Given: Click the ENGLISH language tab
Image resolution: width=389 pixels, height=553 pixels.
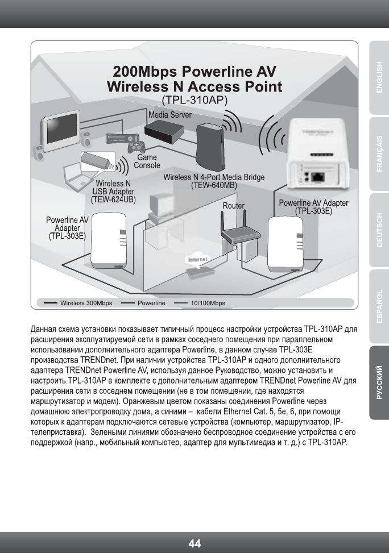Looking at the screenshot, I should click(379, 76).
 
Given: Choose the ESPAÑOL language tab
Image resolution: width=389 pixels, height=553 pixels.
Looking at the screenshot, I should click(379, 307).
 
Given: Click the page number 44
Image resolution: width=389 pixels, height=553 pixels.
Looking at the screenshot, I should click(194, 543).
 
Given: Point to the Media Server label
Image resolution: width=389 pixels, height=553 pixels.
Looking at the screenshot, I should click(169, 115).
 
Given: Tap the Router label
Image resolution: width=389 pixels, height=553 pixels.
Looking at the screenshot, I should click(233, 205).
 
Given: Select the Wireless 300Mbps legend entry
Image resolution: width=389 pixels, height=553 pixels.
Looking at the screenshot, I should click(86, 303).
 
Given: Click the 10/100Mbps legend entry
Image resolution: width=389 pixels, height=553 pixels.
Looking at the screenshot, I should click(208, 303).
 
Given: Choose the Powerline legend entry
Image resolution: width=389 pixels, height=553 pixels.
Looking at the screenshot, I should click(151, 303).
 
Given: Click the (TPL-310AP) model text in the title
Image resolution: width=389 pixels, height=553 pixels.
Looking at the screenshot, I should click(194, 99).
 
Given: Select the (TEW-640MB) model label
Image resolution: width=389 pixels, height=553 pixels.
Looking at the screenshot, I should click(214, 185).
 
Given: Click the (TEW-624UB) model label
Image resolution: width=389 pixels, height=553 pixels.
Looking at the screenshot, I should click(113, 199).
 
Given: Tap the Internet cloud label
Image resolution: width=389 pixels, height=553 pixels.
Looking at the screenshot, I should click(196, 260).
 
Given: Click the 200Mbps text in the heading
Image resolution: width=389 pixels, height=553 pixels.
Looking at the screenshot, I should click(138, 72).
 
